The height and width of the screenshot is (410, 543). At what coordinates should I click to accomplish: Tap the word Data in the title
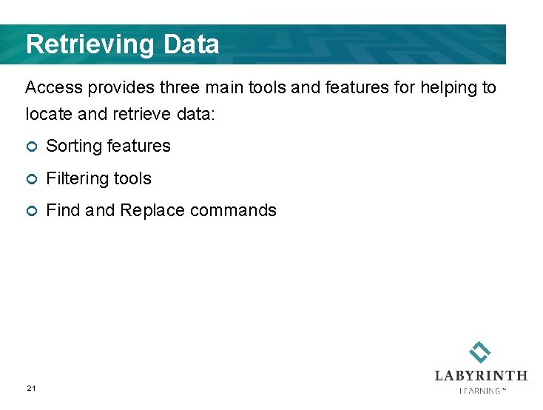pos(191,45)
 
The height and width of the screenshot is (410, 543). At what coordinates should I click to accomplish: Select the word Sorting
pos(75,147)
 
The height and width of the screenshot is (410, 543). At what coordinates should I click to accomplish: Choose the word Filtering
pos(76,178)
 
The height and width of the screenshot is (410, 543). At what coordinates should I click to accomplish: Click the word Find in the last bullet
pos(63,210)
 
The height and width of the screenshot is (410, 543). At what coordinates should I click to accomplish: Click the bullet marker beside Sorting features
pos(30,147)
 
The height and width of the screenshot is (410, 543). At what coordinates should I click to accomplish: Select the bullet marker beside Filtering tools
pos(30,179)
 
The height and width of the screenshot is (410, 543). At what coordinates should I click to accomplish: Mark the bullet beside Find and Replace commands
pos(30,211)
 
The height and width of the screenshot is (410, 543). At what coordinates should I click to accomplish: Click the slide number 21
pos(31,388)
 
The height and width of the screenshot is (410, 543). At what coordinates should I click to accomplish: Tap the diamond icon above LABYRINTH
pos(480,352)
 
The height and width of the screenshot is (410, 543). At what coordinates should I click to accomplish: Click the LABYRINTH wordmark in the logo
pos(481,376)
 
